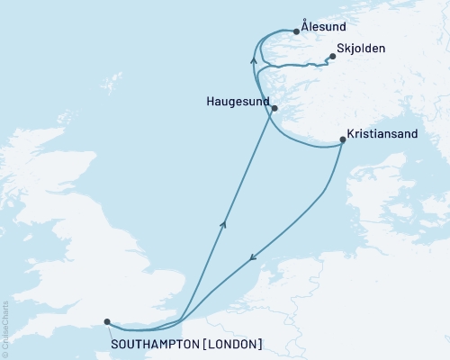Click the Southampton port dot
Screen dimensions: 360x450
tap(107, 321)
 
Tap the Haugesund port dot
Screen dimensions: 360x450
tap(274, 109)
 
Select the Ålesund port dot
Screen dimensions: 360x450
tap(296, 31)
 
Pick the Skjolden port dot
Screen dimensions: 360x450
tap(332, 57)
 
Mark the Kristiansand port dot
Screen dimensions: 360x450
tap(343, 139)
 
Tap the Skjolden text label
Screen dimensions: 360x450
tap(365, 50)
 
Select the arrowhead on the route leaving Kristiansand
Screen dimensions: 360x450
tap(252, 256)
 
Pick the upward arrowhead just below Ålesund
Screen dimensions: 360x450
tap(254, 59)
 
